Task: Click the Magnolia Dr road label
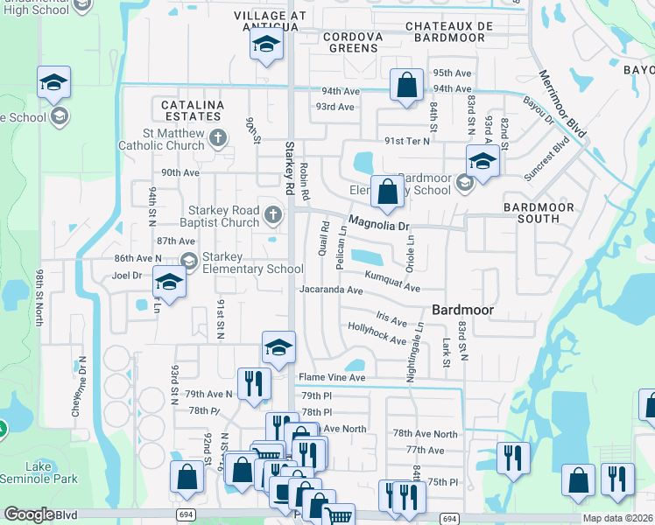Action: coord(378,224)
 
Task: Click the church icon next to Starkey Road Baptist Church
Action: coord(274,213)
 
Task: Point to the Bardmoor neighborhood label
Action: coord(463,310)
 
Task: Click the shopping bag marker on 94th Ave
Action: coord(406,86)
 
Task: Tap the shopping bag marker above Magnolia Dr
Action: coord(386,192)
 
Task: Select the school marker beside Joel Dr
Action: coord(169,283)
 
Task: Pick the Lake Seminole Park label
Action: coord(39,472)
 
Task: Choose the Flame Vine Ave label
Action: coord(331,378)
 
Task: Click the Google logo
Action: coord(28,514)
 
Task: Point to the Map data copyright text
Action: coord(617,518)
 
